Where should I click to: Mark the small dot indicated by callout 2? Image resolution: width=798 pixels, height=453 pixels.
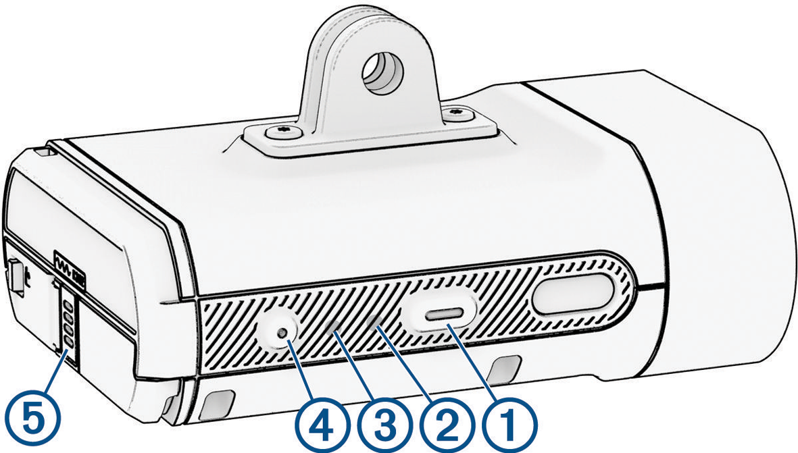(x=376, y=321)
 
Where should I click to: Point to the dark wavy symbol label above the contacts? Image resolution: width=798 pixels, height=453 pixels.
(x=70, y=269)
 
